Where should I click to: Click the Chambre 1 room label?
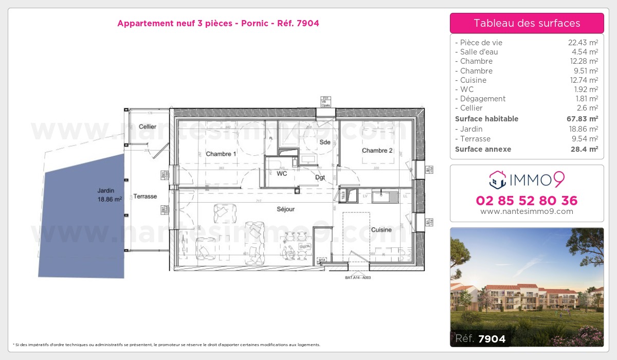click(221, 154)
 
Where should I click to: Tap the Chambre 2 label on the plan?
click(377, 151)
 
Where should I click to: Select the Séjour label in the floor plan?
click(285, 209)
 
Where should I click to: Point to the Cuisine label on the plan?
click(382, 230)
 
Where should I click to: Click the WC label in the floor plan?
click(282, 174)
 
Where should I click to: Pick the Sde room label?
click(324, 142)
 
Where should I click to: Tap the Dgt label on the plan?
click(320, 178)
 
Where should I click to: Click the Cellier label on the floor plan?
click(148, 127)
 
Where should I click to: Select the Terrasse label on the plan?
click(145, 196)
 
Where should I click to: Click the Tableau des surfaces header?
click(527, 23)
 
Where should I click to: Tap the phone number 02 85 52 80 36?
click(527, 201)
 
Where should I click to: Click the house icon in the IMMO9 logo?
click(498, 179)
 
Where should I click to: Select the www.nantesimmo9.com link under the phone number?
click(527, 211)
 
